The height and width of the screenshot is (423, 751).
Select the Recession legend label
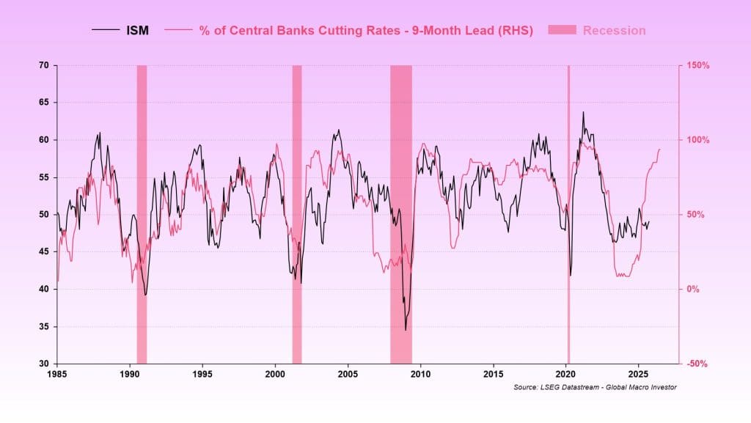(x=614, y=31)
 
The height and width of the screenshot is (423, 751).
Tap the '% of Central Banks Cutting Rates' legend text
(x=365, y=31)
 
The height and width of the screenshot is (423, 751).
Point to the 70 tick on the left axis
(x=43, y=65)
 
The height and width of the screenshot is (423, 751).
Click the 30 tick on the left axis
(x=43, y=364)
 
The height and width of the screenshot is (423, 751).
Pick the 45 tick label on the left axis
(x=43, y=251)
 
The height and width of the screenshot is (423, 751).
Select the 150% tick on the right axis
(x=698, y=65)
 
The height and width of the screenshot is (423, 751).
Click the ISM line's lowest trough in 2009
(x=406, y=330)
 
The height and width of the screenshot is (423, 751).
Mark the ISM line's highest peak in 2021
(x=583, y=112)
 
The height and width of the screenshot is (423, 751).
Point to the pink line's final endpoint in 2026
(x=660, y=149)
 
